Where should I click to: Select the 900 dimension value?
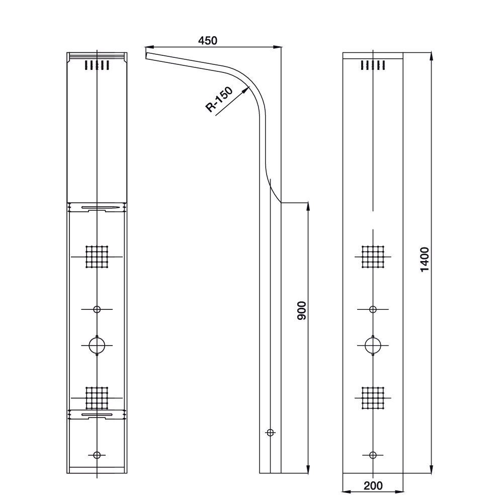301,311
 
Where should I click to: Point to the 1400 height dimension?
425,259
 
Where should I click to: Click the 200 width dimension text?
373,485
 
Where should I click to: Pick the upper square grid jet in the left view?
97,257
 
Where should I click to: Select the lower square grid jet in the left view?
97,398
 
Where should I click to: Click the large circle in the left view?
97,345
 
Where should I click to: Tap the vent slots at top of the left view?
97,65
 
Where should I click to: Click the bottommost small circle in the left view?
97,455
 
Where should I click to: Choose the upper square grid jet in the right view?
373,257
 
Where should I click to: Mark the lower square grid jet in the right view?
373,398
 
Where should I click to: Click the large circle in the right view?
373,345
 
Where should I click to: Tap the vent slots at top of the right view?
373,65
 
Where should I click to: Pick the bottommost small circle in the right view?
373,455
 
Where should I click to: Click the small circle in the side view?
271,432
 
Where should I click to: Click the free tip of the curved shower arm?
146,53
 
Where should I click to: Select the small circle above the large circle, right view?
373,309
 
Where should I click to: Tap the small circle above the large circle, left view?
97,309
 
